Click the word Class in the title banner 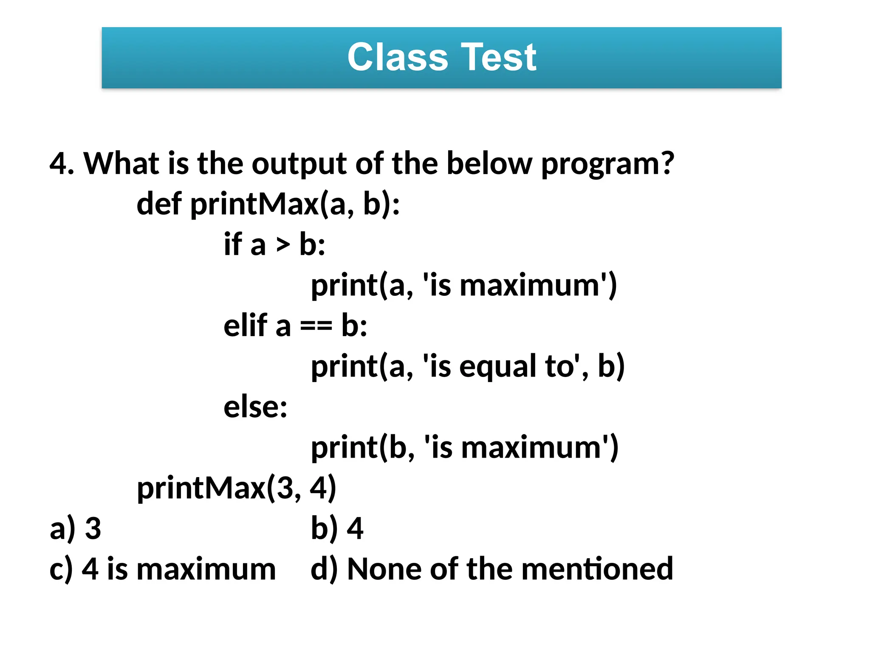[x=398, y=57]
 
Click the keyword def [x=159, y=204]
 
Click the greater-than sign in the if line [x=282, y=245]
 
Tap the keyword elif [x=245, y=326]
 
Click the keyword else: [x=255, y=407]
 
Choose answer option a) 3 [x=76, y=529]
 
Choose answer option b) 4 [x=337, y=529]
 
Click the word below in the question [x=489, y=164]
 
